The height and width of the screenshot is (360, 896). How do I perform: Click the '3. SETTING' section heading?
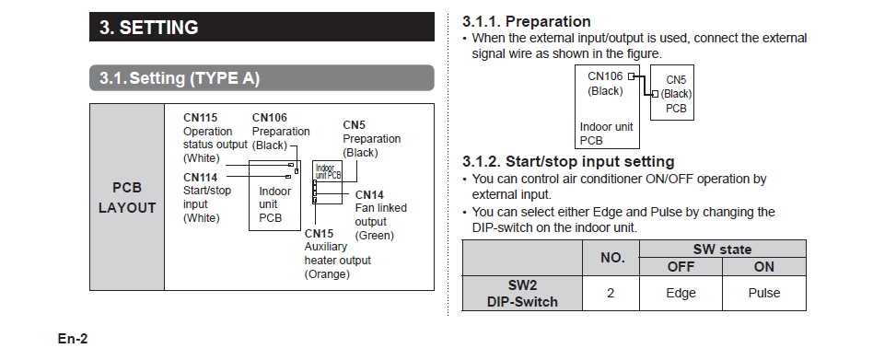[149, 28]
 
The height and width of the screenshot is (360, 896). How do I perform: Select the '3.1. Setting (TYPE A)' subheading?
[180, 78]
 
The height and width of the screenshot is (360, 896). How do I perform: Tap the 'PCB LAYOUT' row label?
[127, 198]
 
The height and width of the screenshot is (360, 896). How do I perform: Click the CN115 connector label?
[201, 118]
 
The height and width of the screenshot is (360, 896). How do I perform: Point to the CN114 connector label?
[201, 178]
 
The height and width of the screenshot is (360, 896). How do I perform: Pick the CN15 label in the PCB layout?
[319, 234]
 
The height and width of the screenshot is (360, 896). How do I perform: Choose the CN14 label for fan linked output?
[369, 195]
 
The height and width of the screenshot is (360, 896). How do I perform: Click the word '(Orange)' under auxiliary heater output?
[327, 274]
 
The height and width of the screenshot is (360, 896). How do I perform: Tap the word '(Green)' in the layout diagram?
[374, 236]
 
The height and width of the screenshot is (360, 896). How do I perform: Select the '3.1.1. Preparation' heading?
[527, 22]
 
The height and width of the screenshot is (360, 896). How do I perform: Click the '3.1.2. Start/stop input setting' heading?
[568, 162]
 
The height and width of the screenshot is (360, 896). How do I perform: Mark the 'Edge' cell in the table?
[681, 293]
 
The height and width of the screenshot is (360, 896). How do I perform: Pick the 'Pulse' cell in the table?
[764, 293]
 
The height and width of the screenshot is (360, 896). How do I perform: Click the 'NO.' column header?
[612, 258]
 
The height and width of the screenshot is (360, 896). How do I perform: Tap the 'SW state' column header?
[722, 250]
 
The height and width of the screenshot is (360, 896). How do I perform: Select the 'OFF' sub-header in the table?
[681, 267]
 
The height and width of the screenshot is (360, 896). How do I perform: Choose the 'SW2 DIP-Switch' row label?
[522, 294]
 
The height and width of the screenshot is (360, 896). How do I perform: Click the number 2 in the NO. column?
[611, 293]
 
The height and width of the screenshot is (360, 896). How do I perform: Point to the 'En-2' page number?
[73, 339]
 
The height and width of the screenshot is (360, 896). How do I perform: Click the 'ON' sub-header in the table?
[764, 267]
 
